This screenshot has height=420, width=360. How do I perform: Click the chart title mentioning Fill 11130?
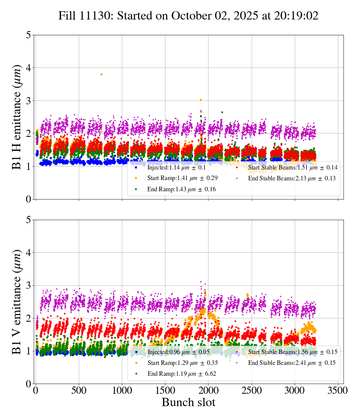(188, 16)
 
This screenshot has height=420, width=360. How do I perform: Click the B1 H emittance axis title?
(17, 117)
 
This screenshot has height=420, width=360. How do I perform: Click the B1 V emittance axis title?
(17, 301)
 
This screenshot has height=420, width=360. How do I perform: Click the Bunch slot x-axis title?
(188, 403)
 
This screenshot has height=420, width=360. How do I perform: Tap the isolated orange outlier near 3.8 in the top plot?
(101, 74)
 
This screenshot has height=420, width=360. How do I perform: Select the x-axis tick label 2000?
(208, 390)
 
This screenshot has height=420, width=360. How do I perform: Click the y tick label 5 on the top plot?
(28, 35)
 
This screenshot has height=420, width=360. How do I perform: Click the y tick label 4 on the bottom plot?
(28, 253)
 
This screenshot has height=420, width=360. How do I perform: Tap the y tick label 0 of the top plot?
(28, 199)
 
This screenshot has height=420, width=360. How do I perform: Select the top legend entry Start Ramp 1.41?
(182, 178)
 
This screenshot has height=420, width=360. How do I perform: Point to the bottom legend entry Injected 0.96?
(177, 352)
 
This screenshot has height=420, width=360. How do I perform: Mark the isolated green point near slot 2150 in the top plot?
(222, 112)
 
